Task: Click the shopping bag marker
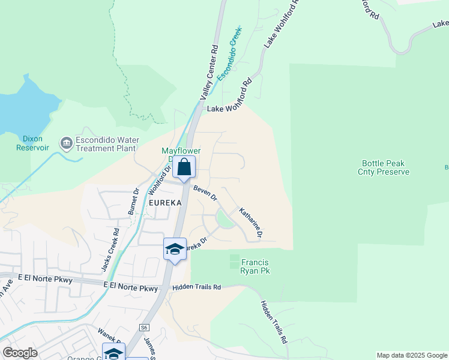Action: [x=184, y=167]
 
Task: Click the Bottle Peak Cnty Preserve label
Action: [x=385, y=167]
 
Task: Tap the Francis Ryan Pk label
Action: [x=255, y=267]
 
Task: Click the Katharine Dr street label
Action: [x=251, y=223]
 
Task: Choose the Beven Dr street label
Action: [x=205, y=192]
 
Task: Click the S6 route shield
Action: [x=144, y=328]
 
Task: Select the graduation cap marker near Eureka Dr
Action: [x=174, y=250]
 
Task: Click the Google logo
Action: [x=20, y=353]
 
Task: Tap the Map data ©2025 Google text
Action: [x=411, y=355]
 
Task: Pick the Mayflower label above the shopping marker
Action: [x=181, y=151]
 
